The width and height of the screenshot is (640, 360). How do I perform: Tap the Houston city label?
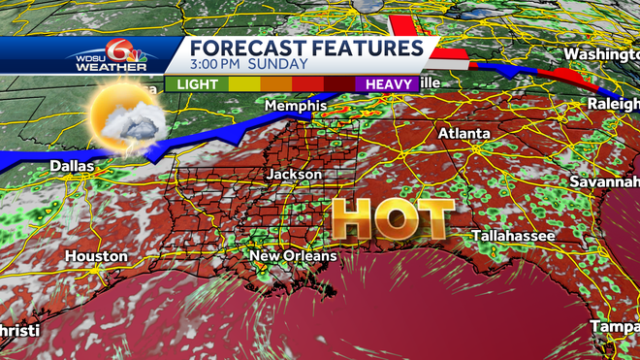coord(96,256)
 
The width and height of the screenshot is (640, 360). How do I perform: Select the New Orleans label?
coord(293,256)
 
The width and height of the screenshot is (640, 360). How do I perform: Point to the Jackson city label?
coord(295,174)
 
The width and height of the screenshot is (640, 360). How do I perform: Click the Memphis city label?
coord(292,105)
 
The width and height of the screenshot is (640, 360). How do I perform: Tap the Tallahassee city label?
coord(514,236)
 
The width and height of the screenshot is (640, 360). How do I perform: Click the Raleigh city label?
coord(615,103)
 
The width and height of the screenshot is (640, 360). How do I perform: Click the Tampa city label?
coord(615,326)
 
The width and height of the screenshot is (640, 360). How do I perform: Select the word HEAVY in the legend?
coord(388,84)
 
